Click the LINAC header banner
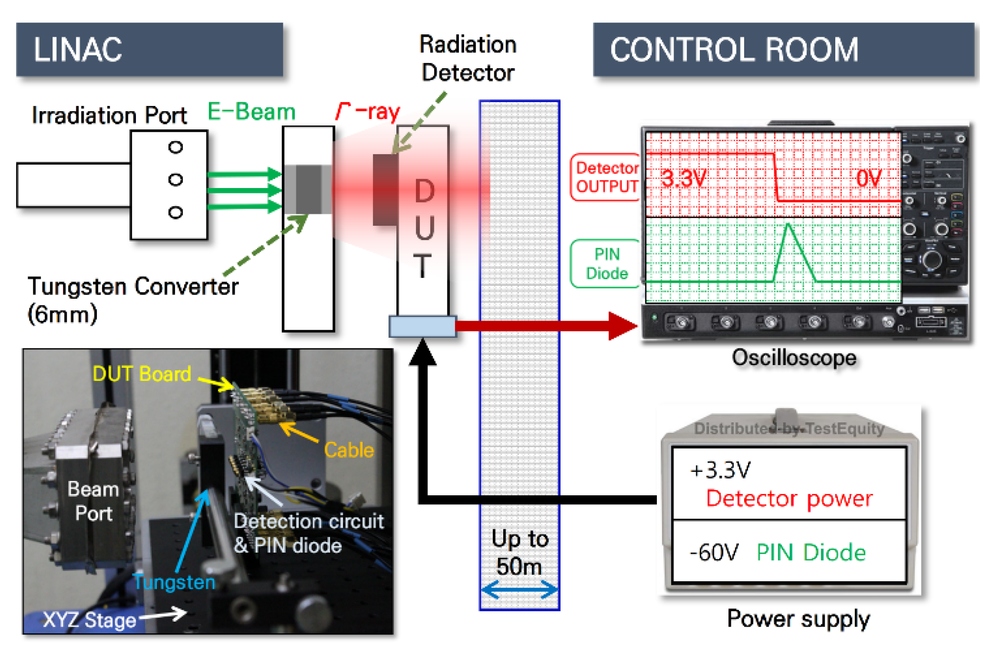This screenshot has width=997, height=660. click(149, 50)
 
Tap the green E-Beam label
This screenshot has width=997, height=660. click(251, 112)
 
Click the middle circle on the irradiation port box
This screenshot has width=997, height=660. click(176, 179)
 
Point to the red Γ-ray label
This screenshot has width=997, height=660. click(368, 112)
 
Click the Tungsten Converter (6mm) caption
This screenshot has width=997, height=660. click(133, 300)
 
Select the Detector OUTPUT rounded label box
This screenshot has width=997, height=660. click(606, 177)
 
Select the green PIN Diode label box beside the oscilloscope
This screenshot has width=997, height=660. click(606, 263)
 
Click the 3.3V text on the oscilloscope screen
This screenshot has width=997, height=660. click(683, 179)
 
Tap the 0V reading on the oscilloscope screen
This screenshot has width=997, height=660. click(869, 178)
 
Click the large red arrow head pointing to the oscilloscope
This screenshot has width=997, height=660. click(623, 326)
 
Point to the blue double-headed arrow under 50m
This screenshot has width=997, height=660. click(519, 589)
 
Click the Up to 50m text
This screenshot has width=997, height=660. click(519, 552)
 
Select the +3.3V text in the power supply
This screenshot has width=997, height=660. click(720, 471)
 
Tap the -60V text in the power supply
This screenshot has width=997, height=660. click(714, 553)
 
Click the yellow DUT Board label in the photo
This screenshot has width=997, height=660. click(142, 374)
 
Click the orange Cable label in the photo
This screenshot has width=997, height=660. click(349, 450)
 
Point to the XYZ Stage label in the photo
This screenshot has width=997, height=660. click(89, 620)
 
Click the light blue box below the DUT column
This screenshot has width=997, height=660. click(422, 327)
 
